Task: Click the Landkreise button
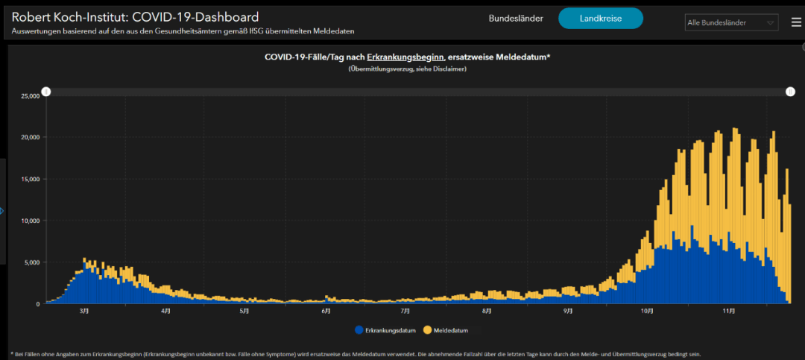point(601,19)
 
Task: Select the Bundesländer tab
point(516,19)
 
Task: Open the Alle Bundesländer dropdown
point(732,22)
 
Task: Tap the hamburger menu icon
point(796,22)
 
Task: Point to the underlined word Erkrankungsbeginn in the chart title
point(405,57)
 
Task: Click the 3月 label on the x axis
point(84,312)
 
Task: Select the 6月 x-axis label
point(326,312)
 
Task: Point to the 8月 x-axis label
point(487,312)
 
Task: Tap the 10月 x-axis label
point(647,312)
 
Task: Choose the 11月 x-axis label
point(728,312)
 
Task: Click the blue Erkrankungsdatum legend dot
point(359,330)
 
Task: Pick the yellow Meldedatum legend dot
point(426,330)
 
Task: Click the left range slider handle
point(46,92)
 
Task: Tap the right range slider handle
point(791,92)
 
